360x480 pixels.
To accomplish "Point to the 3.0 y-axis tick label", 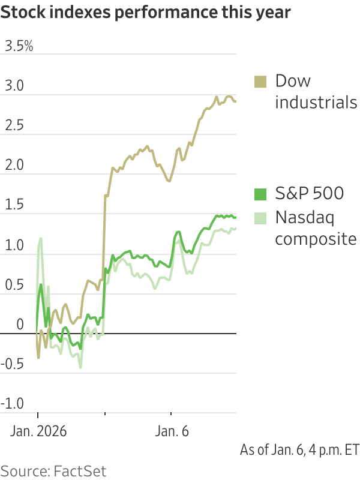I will point(14,87).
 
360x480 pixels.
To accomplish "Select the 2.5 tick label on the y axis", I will point(14,127).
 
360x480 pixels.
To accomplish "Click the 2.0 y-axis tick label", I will point(14,166).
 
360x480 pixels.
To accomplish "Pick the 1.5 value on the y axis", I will point(13,206).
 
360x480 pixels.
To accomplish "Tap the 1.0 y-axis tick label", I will point(13,245).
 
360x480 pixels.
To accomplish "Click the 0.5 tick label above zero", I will point(13,285).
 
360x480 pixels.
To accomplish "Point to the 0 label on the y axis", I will point(20,325).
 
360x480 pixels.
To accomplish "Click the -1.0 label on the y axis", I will point(12,404).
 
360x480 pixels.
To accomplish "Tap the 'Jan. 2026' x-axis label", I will point(37,431).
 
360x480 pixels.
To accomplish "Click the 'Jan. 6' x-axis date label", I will point(172,431).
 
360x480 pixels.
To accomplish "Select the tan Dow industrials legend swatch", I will point(260,82).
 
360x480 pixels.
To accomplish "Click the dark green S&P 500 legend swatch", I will point(260,194).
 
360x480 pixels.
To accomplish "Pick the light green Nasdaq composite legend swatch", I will point(260,217).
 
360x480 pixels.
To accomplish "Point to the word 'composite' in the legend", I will point(316,239).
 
